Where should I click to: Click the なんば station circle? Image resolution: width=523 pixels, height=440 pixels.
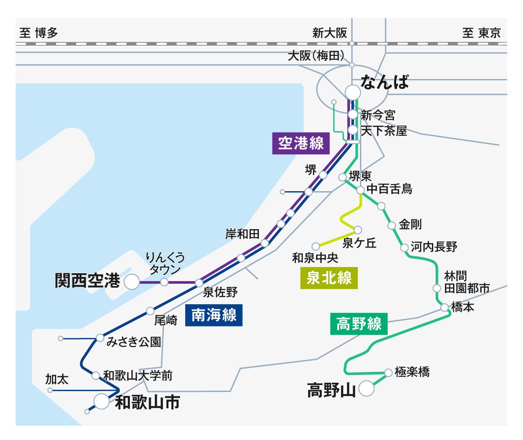(x=353, y=93)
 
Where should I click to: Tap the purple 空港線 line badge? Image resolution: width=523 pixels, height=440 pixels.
(x=301, y=144)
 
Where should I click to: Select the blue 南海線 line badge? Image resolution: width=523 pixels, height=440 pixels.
(x=214, y=316)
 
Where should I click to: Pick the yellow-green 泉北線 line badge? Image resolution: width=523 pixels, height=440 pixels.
(x=329, y=278)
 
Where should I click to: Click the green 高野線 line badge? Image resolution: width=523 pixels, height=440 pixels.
(x=359, y=324)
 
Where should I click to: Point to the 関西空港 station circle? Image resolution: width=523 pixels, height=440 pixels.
(x=131, y=282)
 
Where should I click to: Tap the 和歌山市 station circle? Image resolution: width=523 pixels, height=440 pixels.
(x=102, y=401)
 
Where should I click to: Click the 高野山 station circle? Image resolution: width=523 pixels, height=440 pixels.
(x=367, y=388)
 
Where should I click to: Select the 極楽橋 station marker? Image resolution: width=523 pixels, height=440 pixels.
(x=388, y=373)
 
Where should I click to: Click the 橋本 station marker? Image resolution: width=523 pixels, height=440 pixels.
(x=444, y=308)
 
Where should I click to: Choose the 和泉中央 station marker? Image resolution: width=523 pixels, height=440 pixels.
(x=315, y=246)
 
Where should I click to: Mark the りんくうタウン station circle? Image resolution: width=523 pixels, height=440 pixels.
(x=164, y=282)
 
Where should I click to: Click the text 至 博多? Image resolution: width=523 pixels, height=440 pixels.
(x=38, y=33)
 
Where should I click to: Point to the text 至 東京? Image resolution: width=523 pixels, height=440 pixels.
(x=482, y=33)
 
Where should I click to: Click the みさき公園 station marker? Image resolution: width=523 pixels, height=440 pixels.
(x=100, y=338)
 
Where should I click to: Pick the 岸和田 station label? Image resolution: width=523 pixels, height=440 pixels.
(x=242, y=234)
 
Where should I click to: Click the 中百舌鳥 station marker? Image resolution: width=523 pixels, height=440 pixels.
(x=360, y=190)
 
